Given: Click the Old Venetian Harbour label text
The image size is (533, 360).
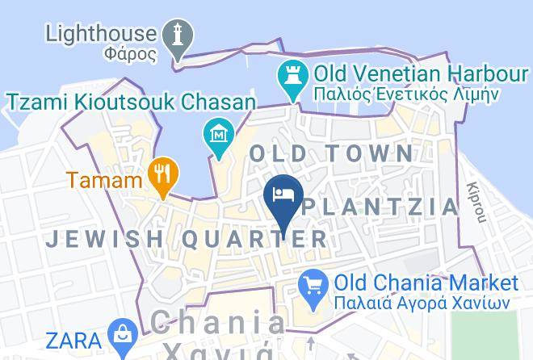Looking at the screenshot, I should [420, 74].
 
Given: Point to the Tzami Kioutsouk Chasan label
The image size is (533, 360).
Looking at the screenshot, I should [130, 102].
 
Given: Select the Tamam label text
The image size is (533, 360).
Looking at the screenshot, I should [104, 179].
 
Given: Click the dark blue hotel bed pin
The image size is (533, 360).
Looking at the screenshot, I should [283, 196].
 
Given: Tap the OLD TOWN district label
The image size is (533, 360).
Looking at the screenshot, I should [331, 153].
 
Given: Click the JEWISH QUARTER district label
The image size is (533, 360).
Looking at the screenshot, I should [186, 239].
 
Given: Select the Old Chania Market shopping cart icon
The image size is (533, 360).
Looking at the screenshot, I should [313, 284].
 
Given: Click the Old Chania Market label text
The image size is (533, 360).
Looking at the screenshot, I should [426, 283].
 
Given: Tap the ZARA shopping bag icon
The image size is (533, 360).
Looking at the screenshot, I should [123, 334].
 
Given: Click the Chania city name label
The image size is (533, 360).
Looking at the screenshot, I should [218, 324].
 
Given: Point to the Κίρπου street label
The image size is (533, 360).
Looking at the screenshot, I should [477, 202].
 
